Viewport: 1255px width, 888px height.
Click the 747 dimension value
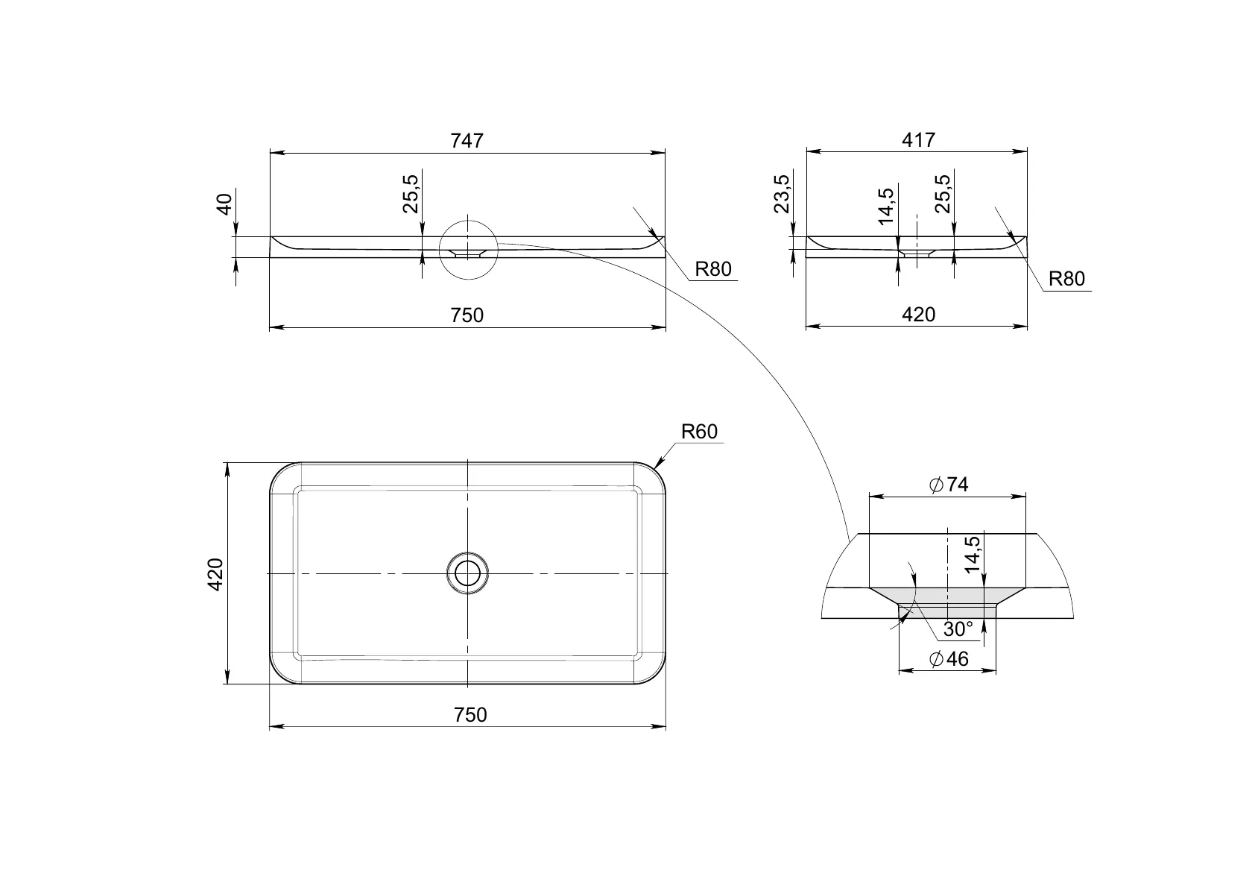(467, 140)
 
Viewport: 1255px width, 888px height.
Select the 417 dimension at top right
(918, 139)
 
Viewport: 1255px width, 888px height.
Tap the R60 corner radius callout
(699, 431)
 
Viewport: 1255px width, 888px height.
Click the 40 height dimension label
(224, 204)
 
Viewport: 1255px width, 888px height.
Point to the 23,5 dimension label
(782, 194)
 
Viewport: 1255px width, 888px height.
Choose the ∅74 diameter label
(949, 485)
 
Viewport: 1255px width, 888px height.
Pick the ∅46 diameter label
(949, 658)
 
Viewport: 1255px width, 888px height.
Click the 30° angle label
(958, 629)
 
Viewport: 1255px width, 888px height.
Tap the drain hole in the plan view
(467, 573)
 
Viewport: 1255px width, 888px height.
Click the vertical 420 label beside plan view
(215, 574)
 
